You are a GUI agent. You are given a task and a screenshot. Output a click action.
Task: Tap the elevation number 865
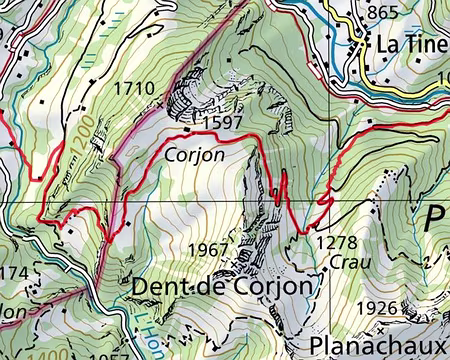point(383,13)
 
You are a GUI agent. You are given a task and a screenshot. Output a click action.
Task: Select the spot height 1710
point(134,89)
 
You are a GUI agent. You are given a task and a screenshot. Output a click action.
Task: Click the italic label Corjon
point(194,155)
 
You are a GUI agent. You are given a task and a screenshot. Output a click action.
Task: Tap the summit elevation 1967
point(210,247)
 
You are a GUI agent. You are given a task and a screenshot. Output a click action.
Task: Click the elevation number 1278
point(335,242)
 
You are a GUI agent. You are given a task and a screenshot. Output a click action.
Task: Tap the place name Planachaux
point(378,343)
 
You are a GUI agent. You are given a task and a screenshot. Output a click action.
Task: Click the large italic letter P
point(437,219)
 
